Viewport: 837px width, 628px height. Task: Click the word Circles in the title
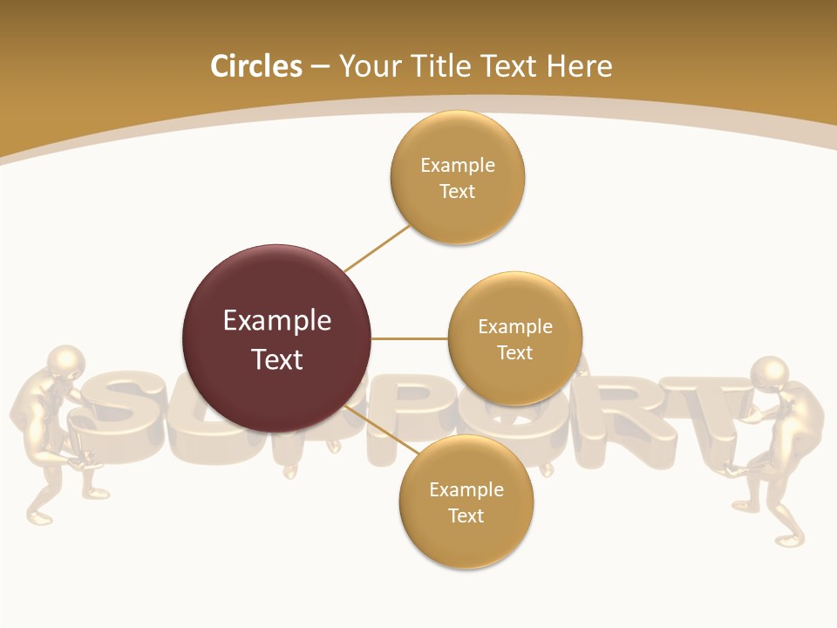[x=255, y=66]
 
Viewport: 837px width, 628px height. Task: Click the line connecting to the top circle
[x=377, y=248]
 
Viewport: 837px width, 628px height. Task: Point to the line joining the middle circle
[x=410, y=338]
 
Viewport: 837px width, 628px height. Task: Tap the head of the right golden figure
[x=769, y=373]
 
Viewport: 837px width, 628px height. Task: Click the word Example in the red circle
[x=276, y=321]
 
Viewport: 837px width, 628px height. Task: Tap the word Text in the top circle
[x=457, y=191]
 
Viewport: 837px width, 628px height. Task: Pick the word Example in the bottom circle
[x=466, y=489]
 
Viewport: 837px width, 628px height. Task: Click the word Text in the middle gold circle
[x=514, y=352]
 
